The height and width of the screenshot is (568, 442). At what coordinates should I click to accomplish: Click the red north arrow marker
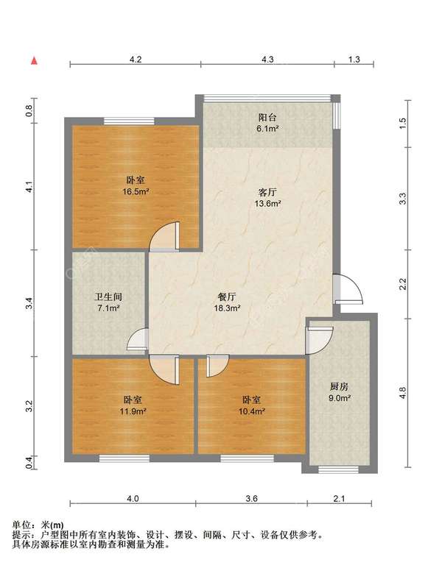click(x=34, y=60)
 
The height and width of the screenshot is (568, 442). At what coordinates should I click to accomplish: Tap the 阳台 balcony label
click(x=267, y=118)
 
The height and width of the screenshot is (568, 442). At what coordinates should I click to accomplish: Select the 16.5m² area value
click(x=136, y=191)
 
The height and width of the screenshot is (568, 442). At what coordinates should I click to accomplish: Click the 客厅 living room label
click(x=267, y=192)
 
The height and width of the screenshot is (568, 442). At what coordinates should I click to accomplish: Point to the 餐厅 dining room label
click(x=227, y=297)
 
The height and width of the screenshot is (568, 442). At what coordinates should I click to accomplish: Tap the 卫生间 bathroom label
click(x=108, y=297)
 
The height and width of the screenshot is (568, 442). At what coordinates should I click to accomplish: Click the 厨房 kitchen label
click(x=339, y=386)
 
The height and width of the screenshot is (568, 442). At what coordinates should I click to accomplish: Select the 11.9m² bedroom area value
click(x=133, y=411)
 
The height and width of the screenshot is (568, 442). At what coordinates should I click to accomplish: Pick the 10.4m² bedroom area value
click(x=252, y=411)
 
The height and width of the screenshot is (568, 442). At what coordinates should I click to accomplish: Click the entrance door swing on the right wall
click(x=348, y=288)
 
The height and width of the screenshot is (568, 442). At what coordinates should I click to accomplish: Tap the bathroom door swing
click(x=138, y=339)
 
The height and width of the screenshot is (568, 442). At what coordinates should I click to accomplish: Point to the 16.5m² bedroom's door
click(x=164, y=236)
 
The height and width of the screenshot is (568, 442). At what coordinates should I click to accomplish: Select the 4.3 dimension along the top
click(x=267, y=60)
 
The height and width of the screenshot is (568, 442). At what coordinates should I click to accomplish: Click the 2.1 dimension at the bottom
click(x=339, y=499)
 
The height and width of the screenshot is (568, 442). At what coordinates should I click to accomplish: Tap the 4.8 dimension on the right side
click(x=402, y=393)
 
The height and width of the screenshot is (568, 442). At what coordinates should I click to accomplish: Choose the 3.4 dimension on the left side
click(x=29, y=303)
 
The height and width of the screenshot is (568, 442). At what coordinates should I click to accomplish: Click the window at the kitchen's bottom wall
click(x=338, y=470)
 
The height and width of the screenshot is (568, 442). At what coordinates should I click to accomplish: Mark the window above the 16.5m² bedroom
click(x=129, y=121)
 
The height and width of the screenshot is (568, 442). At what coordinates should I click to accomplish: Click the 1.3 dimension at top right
click(x=354, y=60)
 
